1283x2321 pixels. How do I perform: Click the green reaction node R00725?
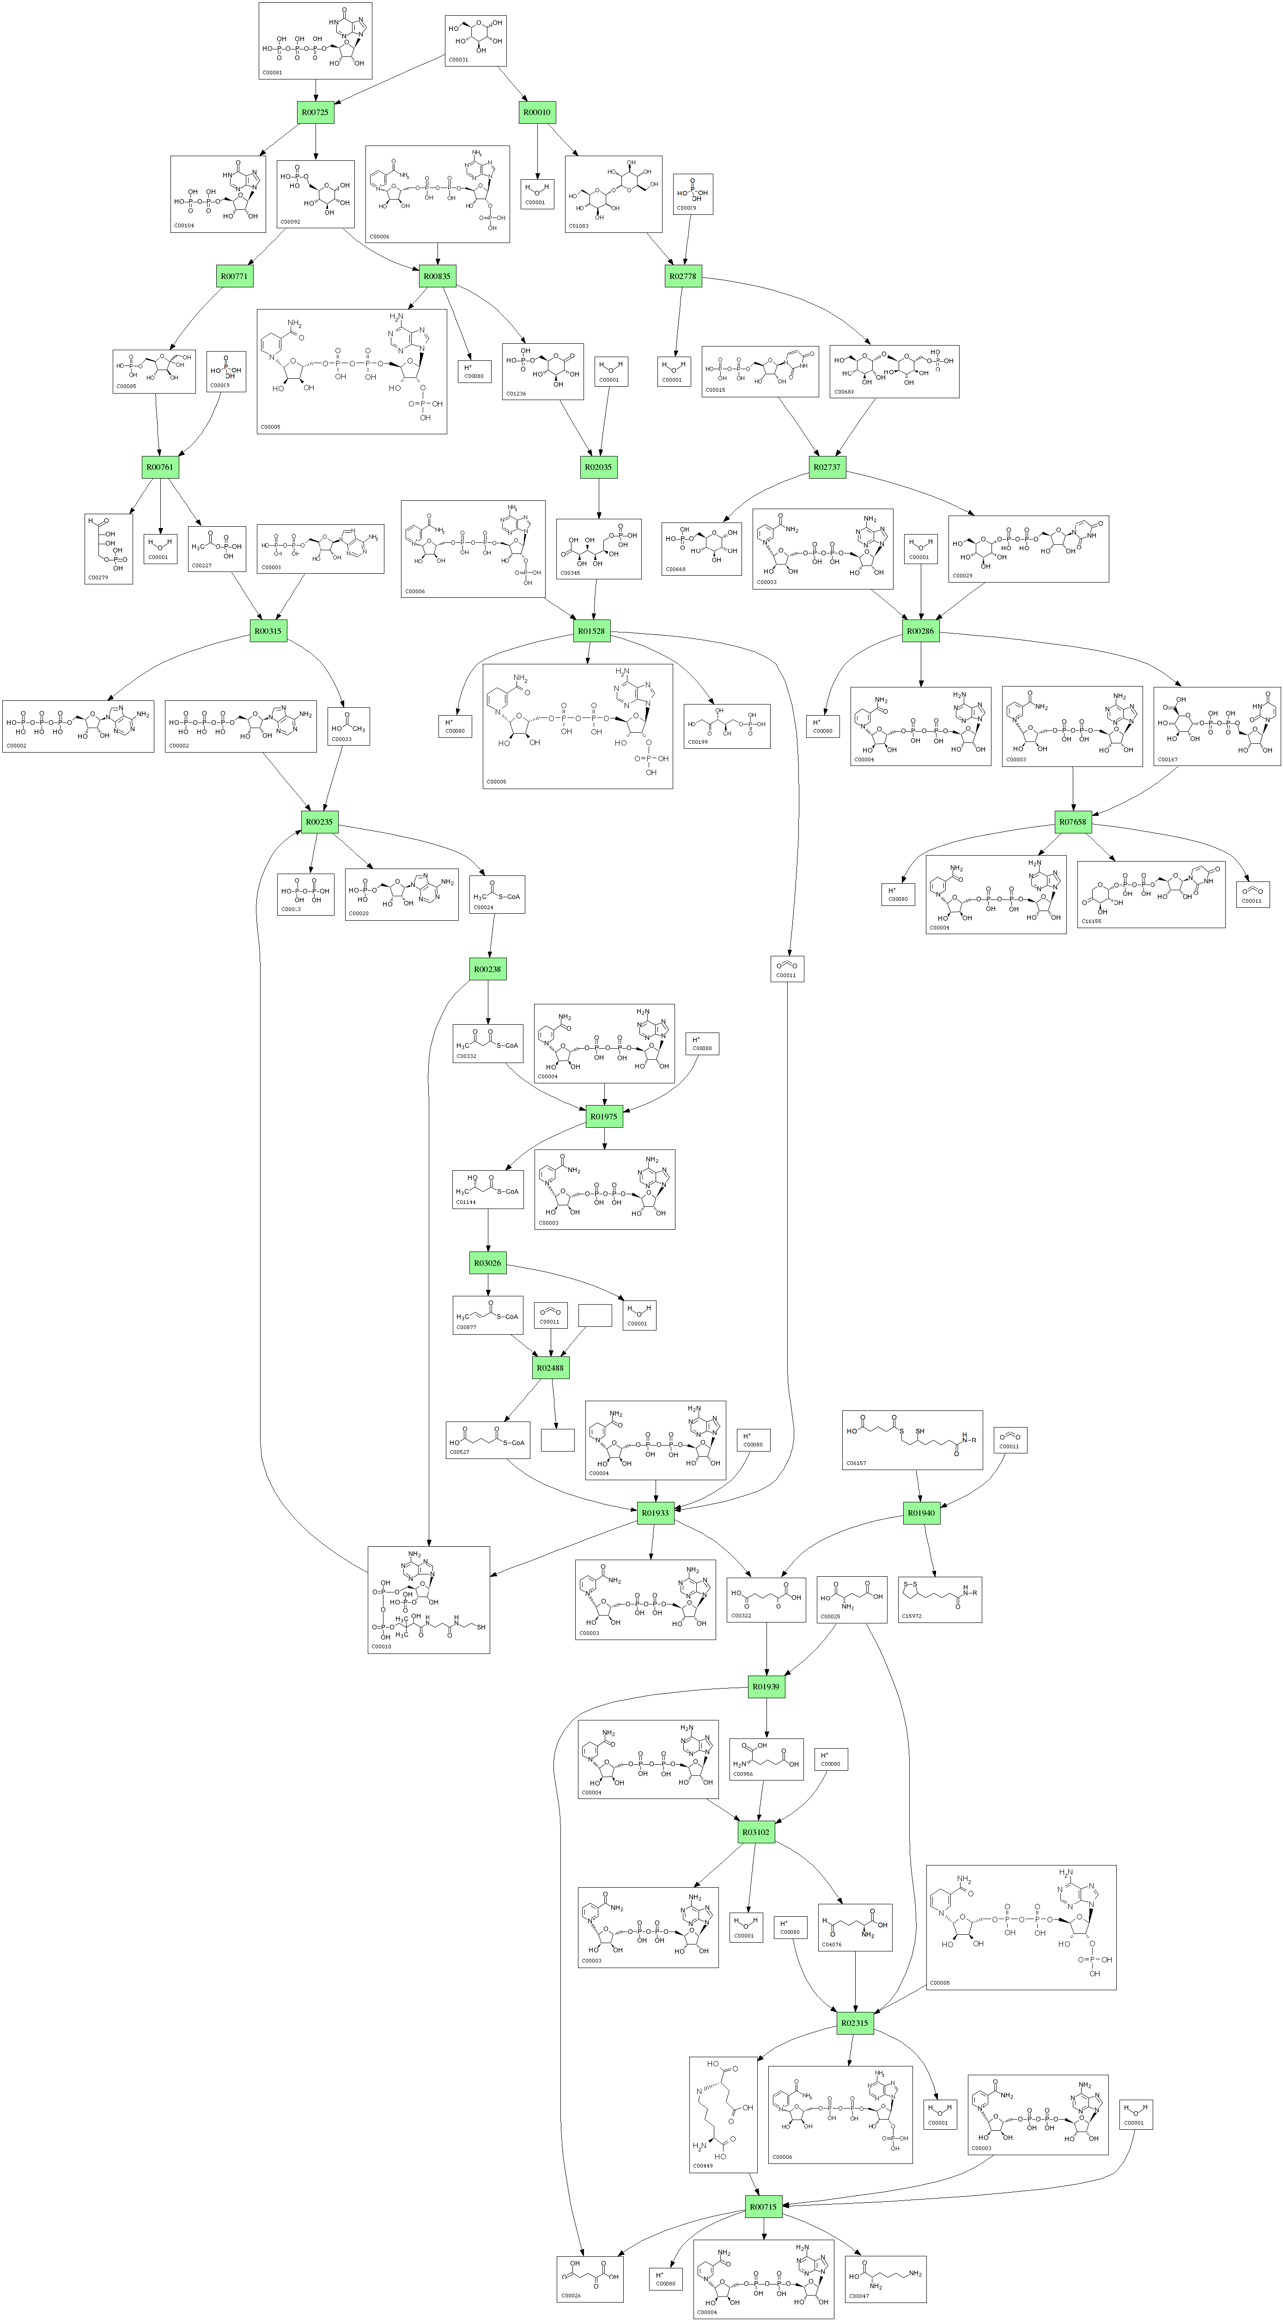pos(316,113)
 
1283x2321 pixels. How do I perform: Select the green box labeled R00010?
pos(537,113)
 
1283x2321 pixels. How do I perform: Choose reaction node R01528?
pos(591,632)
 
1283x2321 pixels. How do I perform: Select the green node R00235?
pos(319,822)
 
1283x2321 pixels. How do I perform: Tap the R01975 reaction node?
pos(604,1116)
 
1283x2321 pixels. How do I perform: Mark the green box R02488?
pos(551,1368)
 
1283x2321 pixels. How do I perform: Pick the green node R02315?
pos(854,2023)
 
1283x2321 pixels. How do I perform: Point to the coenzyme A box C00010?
pos(428,1599)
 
